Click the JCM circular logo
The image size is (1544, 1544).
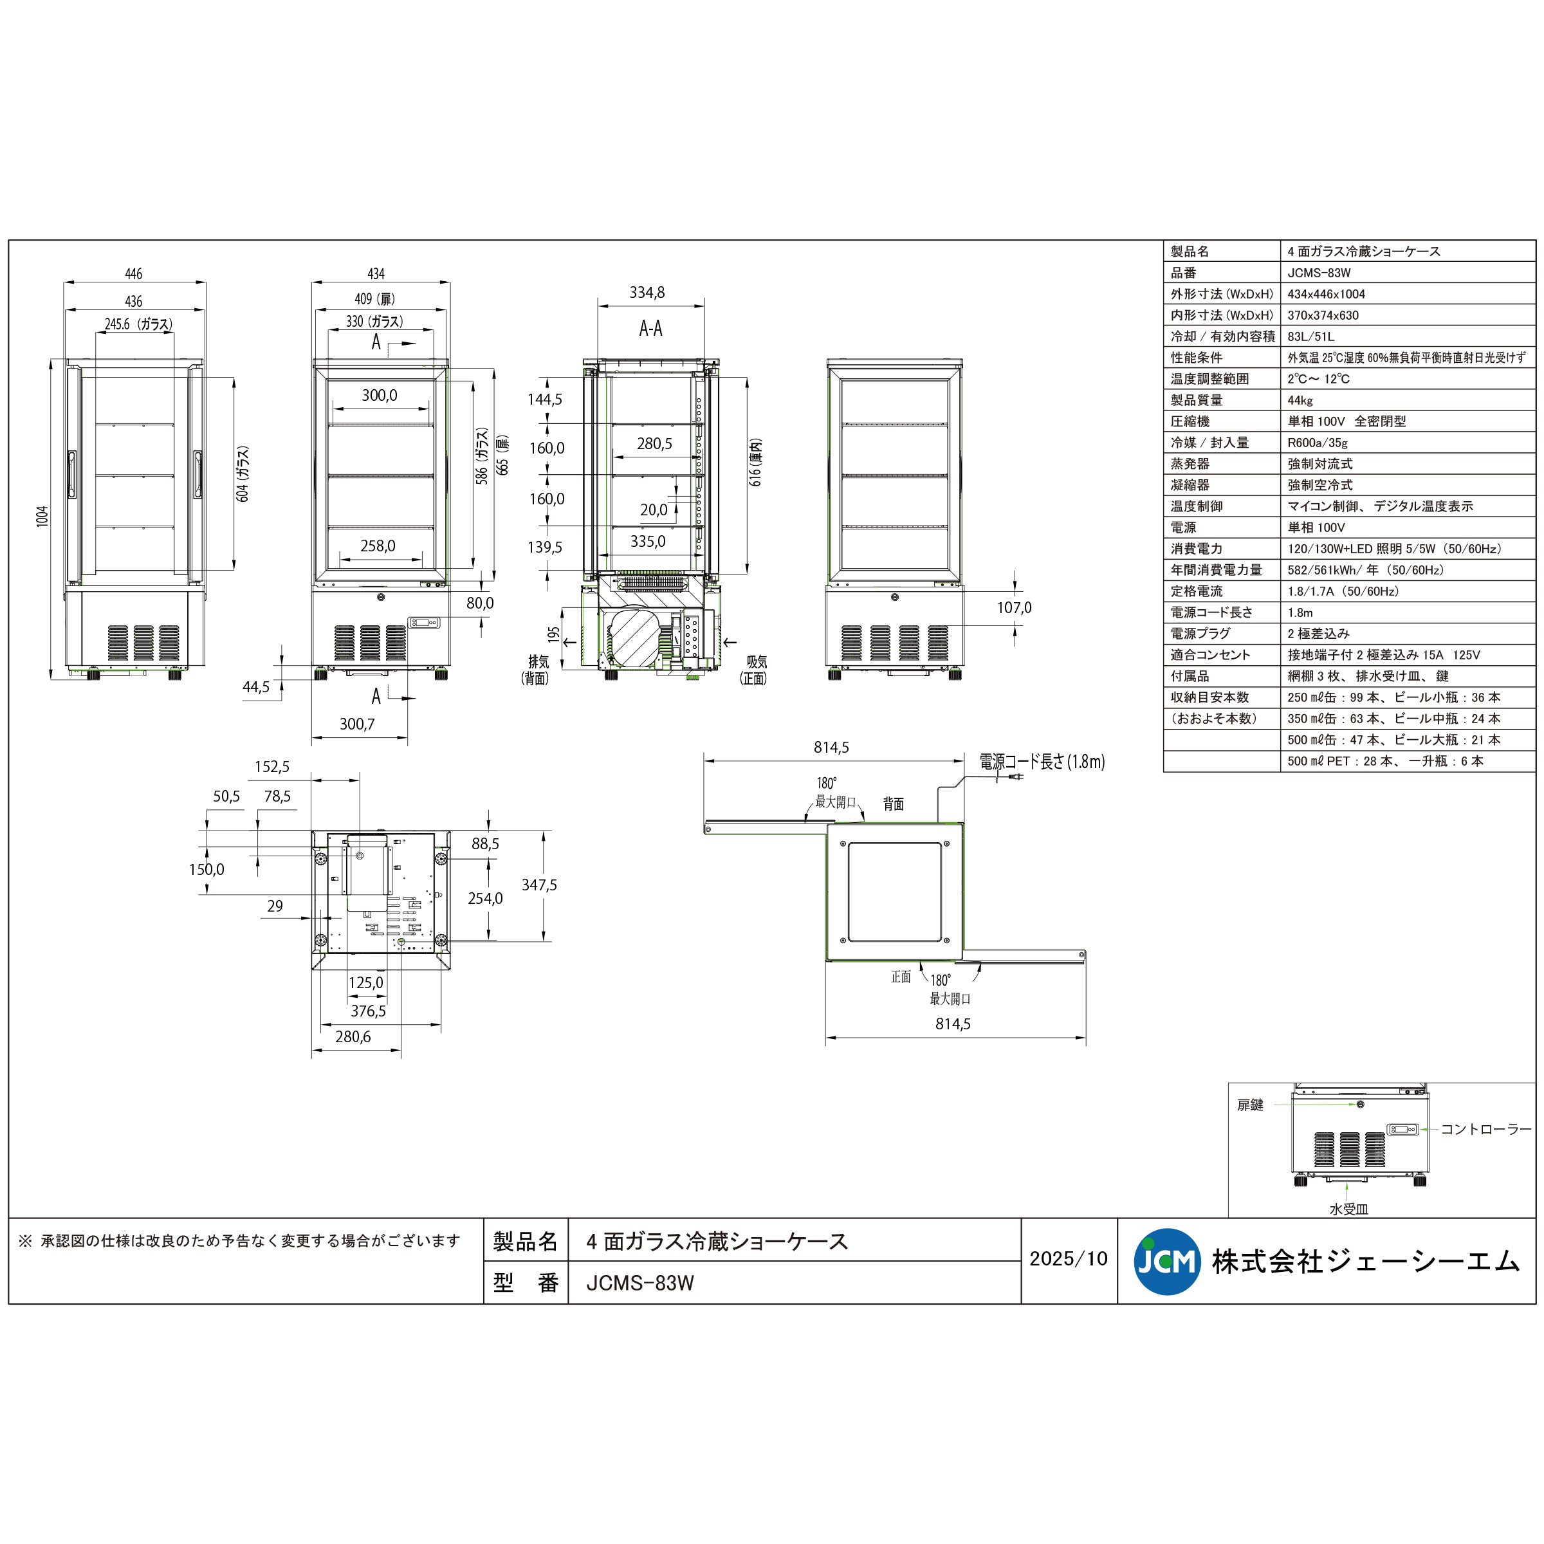tap(1167, 1261)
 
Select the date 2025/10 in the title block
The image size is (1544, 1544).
tap(1069, 1260)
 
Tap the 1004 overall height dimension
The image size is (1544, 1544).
tap(43, 515)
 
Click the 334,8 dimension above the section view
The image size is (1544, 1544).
tap(647, 293)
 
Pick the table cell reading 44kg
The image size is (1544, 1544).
tap(1300, 400)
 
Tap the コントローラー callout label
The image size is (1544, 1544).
tap(1485, 1129)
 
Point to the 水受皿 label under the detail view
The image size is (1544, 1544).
tap(1348, 1209)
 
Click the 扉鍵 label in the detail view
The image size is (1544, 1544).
tap(1250, 1105)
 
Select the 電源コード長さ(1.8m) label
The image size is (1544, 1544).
tap(1042, 762)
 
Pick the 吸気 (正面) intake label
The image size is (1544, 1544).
tap(755, 670)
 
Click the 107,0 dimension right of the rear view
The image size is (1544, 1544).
tap(1013, 607)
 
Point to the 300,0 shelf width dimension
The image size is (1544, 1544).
tap(379, 396)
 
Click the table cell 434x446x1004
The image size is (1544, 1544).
tap(1326, 294)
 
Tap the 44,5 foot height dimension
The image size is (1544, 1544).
tap(256, 687)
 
